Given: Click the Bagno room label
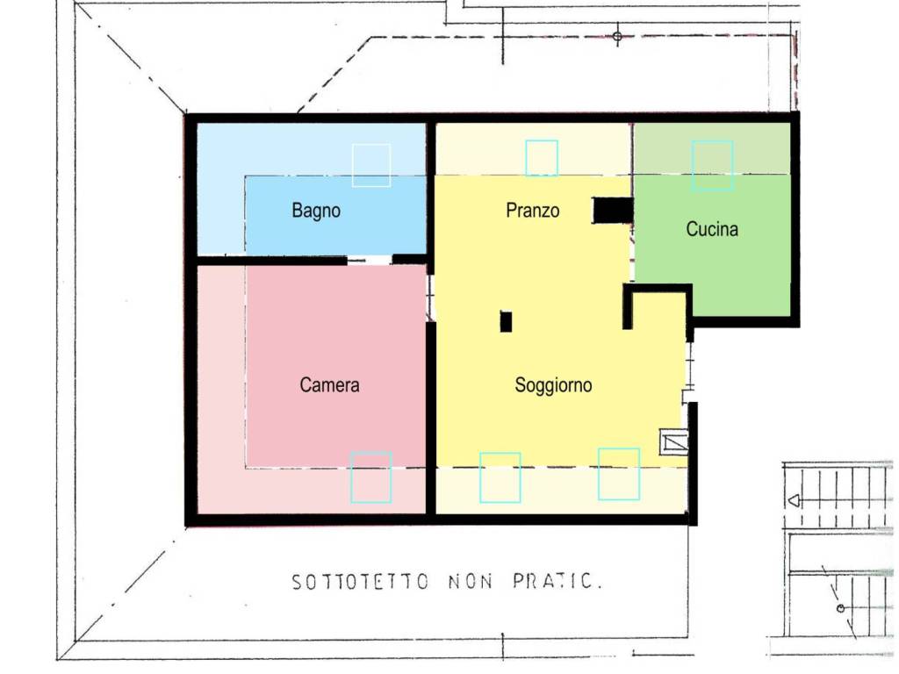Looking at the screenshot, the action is pyautogui.click(x=316, y=211).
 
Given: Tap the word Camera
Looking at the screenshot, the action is pyautogui.click(x=329, y=384).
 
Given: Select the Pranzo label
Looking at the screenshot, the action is pyautogui.click(x=533, y=211).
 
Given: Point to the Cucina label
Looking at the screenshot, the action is pyautogui.click(x=712, y=229).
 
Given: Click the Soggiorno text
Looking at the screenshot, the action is pyautogui.click(x=553, y=384).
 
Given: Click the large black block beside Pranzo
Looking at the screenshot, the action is pyautogui.click(x=613, y=211).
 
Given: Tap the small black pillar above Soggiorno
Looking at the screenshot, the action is pyautogui.click(x=506, y=321).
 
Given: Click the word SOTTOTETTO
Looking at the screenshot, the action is pyautogui.click(x=360, y=583).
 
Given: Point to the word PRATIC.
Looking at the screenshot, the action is pyautogui.click(x=557, y=581).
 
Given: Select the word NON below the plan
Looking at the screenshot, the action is pyautogui.click(x=471, y=583).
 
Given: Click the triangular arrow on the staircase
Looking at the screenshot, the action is pyautogui.click(x=794, y=501).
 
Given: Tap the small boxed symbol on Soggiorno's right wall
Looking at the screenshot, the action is pyautogui.click(x=673, y=442).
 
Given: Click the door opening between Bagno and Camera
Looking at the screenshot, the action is pyautogui.click(x=370, y=261).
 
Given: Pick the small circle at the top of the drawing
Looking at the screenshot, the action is pyautogui.click(x=617, y=37).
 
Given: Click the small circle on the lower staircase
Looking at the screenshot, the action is pyautogui.click(x=840, y=609).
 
